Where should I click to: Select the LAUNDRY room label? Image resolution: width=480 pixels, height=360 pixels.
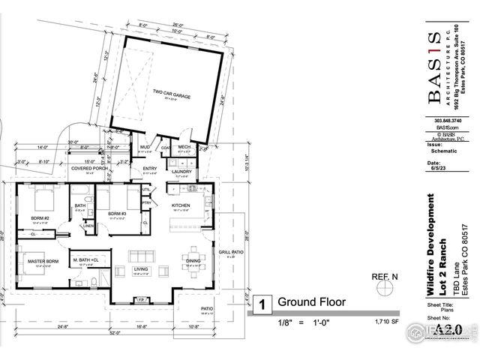180,172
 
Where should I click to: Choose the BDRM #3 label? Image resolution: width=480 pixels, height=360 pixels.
115,214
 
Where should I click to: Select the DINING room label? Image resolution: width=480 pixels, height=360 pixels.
192,261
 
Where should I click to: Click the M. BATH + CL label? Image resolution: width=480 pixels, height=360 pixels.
87,259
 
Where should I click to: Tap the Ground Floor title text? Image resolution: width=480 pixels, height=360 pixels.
311,303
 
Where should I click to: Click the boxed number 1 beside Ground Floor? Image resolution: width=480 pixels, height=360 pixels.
262,304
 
